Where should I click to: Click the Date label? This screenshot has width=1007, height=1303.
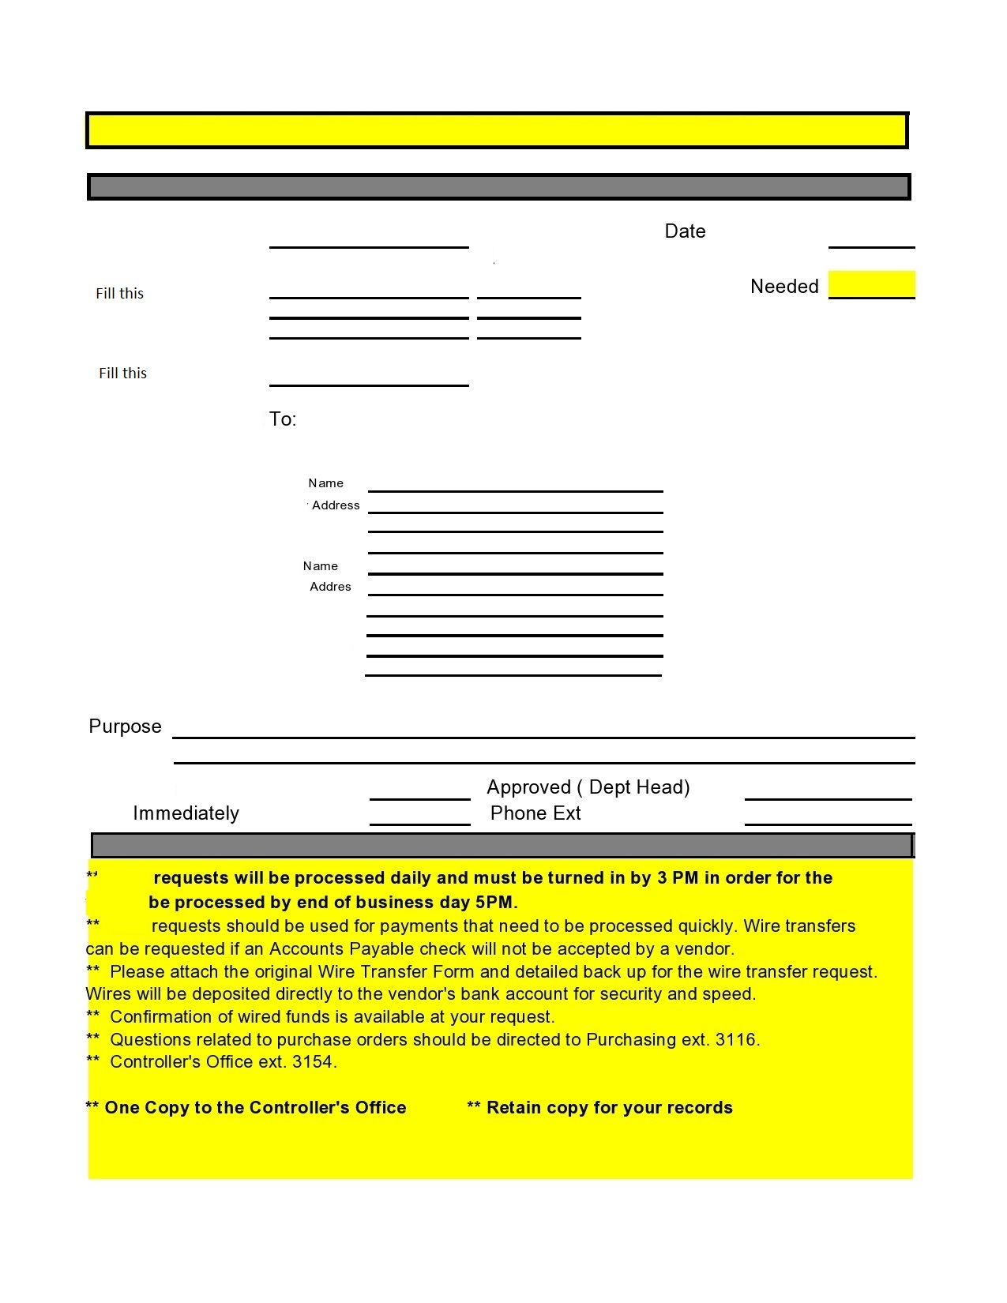(685, 231)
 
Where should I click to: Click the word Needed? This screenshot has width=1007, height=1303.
(783, 287)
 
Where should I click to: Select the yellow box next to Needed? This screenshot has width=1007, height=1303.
(871, 284)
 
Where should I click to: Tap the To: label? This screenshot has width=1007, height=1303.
(283, 419)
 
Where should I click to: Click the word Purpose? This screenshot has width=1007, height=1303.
(125, 727)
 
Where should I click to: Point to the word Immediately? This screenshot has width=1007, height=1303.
(186, 813)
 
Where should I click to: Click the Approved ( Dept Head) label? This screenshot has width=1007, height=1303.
(588, 787)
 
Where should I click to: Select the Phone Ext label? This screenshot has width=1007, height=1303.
(535, 813)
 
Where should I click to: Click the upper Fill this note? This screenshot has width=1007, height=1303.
(120, 294)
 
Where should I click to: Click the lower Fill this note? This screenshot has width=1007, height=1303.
(122, 374)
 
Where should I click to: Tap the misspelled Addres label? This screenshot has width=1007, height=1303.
(330, 587)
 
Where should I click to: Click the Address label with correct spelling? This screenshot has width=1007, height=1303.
(336, 505)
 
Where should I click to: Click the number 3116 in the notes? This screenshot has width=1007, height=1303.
(735, 1040)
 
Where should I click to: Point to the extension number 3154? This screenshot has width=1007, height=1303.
(313, 1062)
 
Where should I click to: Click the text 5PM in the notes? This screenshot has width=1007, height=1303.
(495, 903)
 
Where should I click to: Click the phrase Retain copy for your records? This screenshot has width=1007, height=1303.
(609, 1108)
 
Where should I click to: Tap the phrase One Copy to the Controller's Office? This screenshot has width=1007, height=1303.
(255, 1108)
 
